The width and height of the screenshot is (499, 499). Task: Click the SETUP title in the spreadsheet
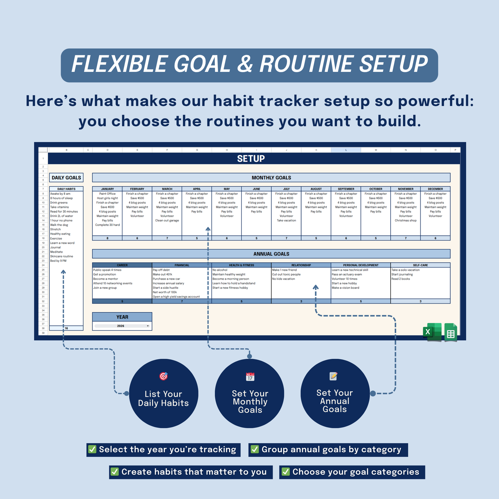(251, 159)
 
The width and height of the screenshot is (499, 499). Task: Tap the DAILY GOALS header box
(66, 177)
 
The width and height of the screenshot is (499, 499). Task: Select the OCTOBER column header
(376, 189)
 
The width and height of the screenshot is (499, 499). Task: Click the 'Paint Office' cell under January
(107, 194)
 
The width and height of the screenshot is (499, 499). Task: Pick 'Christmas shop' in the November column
(405, 220)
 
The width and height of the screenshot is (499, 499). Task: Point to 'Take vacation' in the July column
(286, 220)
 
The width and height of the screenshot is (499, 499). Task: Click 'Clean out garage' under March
(167, 220)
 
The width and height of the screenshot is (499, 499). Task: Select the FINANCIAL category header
(182, 265)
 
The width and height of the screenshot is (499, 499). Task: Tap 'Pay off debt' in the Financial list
(161, 270)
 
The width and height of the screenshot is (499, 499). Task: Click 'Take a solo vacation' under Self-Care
(405, 270)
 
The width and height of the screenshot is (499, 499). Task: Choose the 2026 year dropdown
(122, 326)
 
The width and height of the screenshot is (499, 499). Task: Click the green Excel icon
(432, 332)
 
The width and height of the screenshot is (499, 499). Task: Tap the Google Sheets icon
(451, 333)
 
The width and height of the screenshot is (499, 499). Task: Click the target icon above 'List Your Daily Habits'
(164, 376)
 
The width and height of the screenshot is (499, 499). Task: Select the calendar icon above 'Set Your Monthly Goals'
(250, 376)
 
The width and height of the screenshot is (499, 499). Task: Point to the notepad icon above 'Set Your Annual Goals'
(334, 376)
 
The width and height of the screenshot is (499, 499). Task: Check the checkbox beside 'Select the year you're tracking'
(92, 449)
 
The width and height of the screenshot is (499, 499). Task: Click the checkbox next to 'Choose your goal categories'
(286, 472)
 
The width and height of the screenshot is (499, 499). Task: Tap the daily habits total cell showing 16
(66, 328)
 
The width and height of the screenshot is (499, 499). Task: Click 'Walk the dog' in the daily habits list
(59, 225)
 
